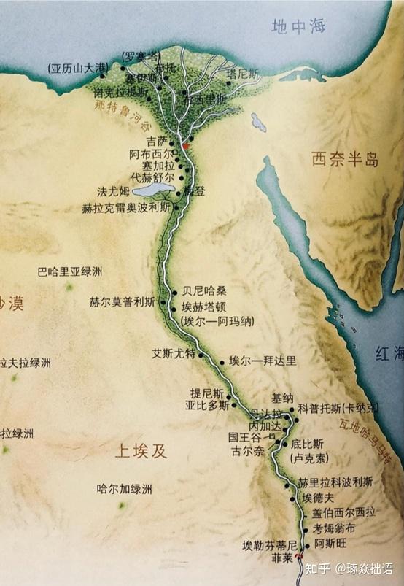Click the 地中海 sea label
(298, 26)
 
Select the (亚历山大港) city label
(74, 69)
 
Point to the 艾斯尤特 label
(174, 354)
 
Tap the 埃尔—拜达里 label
(263, 361)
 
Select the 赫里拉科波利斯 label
(335, 482)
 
